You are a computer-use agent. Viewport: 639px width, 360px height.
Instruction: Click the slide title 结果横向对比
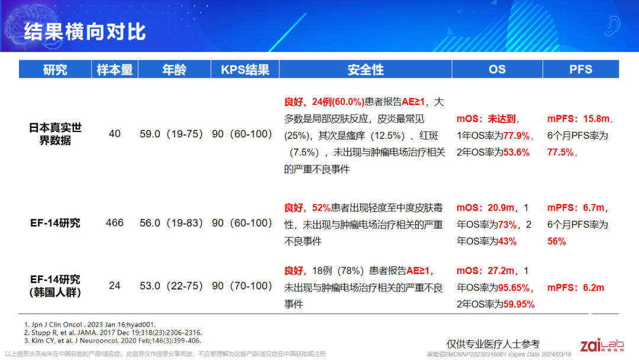pos(85,31)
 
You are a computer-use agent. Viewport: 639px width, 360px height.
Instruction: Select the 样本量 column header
pos(115,70)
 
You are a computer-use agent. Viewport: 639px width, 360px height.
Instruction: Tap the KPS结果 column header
pos(245,70)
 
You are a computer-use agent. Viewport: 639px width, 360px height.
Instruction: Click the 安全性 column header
pos(366,70)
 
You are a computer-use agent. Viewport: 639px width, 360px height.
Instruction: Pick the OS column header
pos(497,70)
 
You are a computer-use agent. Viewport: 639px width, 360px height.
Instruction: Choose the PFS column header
pos(580,70)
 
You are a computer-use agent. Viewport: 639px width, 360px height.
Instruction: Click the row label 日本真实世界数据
pos(55,134)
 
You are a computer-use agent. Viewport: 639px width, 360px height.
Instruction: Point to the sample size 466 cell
pos(115,223)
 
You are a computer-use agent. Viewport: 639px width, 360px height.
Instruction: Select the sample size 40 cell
pos(115,134)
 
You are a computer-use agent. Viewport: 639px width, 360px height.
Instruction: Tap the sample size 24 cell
pos(115,286)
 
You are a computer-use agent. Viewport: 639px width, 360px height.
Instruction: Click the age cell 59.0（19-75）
pos(174,134)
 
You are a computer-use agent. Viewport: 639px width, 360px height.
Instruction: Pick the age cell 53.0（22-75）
pos(174,286)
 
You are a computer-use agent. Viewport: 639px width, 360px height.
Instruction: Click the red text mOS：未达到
pos(486,119)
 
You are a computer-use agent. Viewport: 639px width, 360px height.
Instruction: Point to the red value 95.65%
pos(513,288)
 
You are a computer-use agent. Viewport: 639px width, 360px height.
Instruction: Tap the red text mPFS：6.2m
pos(576,288)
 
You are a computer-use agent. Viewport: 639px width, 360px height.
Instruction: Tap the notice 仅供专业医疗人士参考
pos(493,344)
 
